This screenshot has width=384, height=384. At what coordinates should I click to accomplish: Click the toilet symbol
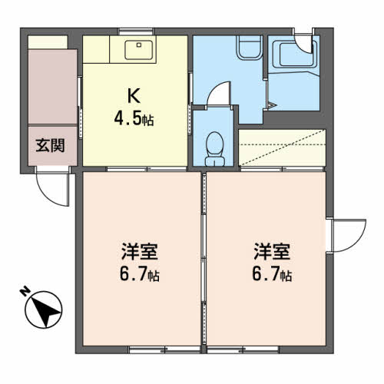click(x=215, y=149)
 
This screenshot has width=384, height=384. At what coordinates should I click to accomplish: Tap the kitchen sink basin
click(x=138, y=50)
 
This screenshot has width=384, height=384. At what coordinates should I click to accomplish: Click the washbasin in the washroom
click(x=250, y=48)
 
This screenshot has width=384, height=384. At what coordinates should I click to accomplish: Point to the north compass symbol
click(x=44, y=310)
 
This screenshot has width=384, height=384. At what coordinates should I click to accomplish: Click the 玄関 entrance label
click(x=50, y=145)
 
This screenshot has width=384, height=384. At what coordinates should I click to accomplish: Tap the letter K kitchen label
click(x=134, y=96)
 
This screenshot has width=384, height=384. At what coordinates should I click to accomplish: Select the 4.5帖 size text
click(x=134, y=119)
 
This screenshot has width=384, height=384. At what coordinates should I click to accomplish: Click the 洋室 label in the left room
click(x=140, y=252)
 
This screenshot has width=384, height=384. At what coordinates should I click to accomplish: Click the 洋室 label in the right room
click(x=272, y=252)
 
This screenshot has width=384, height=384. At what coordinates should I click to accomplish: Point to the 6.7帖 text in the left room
click(x=140, y=275)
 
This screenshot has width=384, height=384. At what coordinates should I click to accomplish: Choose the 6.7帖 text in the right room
click(x=272, y=275)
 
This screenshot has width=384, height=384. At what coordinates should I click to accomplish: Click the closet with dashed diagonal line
click(x=282, y=147)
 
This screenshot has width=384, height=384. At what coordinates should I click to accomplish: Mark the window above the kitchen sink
click(x=136, y=31)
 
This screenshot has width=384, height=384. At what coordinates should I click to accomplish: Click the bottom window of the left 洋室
click(x=164, y=349)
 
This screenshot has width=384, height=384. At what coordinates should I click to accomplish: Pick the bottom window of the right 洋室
click(x=243, y=349)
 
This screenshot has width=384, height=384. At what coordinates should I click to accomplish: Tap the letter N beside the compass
click(x=25, y=292)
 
